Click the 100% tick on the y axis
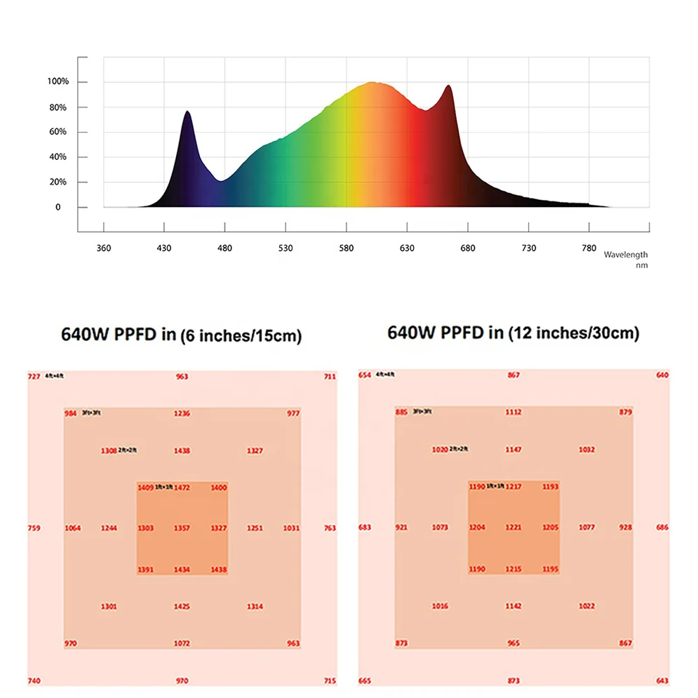pos(58,82)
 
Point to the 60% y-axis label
pos(58,132)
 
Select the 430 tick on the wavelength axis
pos(164,248)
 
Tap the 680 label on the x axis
pos(468,248)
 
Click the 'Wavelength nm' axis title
pos(626,260)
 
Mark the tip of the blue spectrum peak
pos(187,112)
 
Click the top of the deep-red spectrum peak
pos(448,86)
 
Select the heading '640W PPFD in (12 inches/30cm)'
pos(513,333)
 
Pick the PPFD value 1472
pos(182,487)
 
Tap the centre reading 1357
pos(182,528)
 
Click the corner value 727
pos(34,377)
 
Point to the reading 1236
pos(182,413)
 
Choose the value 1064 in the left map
pos(72,528)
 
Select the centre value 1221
pos(514,527)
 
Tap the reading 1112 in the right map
pos(514,412)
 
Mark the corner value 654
pos(365,375)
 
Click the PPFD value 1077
pos(587,527)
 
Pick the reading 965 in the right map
pos(514,643)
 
